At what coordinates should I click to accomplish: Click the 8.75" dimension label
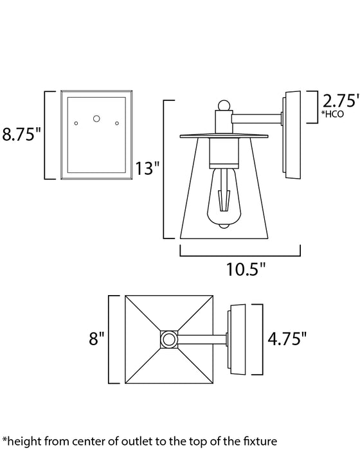[x=22, y=136]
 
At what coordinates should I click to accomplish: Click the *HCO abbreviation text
[x=334, y=115]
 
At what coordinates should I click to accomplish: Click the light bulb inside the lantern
[x=222, y=196]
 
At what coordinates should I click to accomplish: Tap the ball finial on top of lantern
[x=222, y=105]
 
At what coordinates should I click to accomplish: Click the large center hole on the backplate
[x=97, y=118]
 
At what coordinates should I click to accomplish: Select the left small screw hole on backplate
[x=76, y=123]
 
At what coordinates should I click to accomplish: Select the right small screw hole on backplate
[x=117, y=123]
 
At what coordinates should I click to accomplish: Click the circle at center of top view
[x=168, y=338]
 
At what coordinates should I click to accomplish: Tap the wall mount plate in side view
[x=292, y=135]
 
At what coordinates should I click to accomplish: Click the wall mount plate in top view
[x=237, y=338]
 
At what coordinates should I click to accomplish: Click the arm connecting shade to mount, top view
[x=202, y=338]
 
